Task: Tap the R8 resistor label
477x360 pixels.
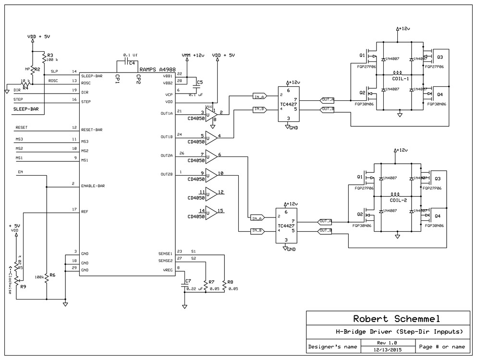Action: coord(230,282)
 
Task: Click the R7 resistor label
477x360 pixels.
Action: coord(209,282)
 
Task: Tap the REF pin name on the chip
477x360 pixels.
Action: coord(85,211)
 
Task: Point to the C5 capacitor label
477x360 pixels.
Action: coord(200,83)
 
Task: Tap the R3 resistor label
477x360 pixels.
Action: coord(50,55)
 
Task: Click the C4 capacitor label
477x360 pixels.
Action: coord(131,63)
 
